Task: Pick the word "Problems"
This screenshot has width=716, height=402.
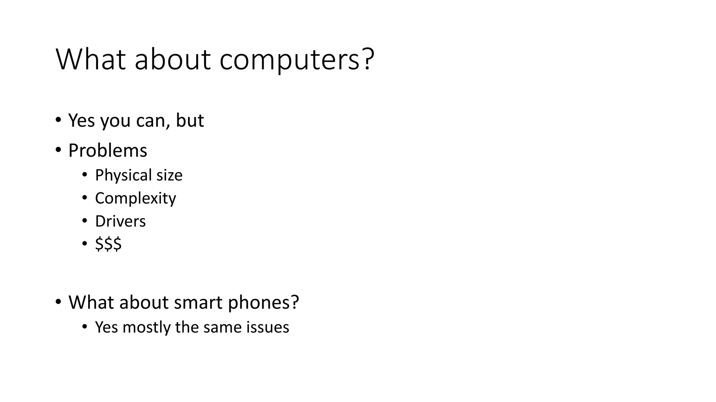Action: point(108,151)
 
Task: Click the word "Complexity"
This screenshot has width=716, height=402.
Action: point(136,199)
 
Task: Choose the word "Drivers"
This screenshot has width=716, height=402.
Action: point(120,221)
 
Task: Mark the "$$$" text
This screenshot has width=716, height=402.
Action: point(108,244)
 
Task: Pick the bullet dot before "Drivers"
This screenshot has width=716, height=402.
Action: point(85,221)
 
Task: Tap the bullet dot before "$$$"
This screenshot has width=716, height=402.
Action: point(85,244)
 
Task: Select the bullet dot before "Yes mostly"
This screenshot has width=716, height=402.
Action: point(85,327)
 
